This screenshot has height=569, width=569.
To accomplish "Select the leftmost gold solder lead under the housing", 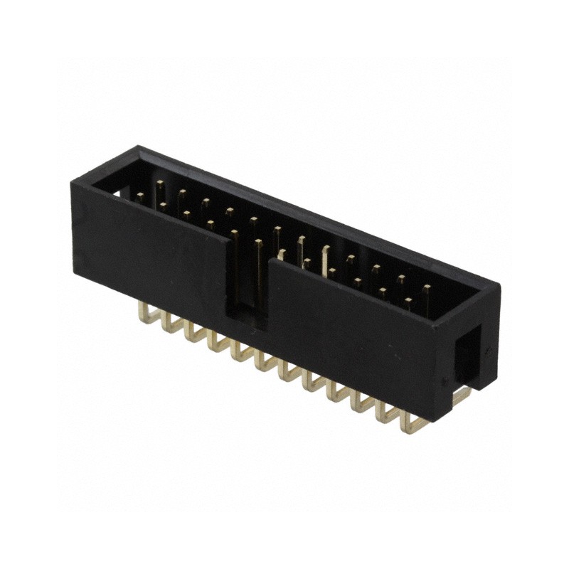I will pyautogui.click(x=148, y=314).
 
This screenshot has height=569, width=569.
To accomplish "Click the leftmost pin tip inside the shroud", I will pyautogui.click(x=140, y=197).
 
